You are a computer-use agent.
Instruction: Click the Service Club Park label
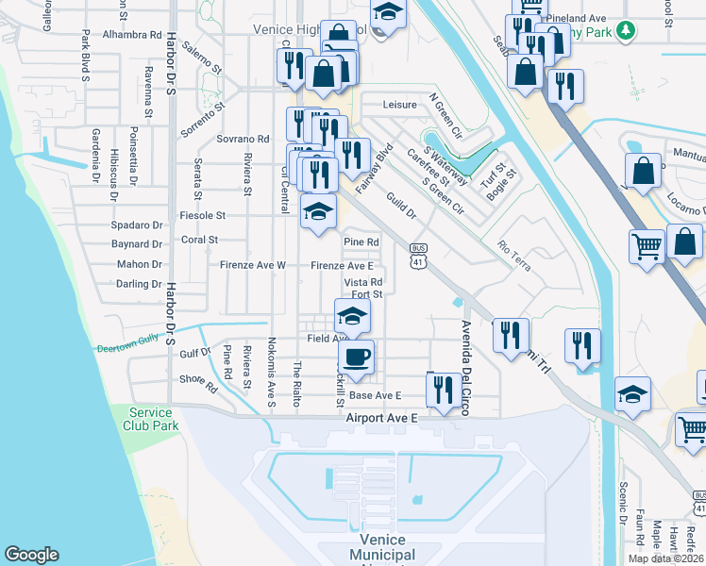click(151, 419)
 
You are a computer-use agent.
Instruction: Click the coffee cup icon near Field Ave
click(356, 357)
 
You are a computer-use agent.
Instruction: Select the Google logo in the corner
click(31, 555)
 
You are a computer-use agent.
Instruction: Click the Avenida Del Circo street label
click(466, 367)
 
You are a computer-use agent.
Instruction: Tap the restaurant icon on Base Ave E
click(443, 389)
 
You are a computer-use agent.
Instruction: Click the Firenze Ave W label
click(252, 266)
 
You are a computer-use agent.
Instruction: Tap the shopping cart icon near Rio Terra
click(647, 247)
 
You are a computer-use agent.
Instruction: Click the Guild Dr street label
click(402, 205)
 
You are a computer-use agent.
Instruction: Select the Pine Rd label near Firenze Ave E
click(361, 242)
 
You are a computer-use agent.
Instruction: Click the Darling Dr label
click(139, 283)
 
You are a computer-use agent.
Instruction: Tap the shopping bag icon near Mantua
click(643, 173)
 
